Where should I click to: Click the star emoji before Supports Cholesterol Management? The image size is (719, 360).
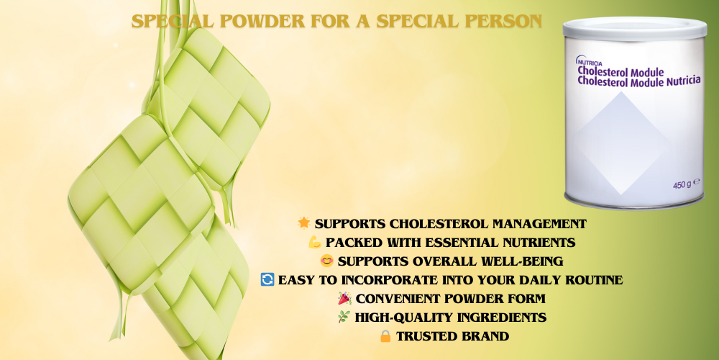pyautogui.click(x=304, y=224)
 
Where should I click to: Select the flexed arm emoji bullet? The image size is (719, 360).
pyautogui.click(x=314, y=243)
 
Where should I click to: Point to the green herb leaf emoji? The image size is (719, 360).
pyautogui.click(x=344, y=318)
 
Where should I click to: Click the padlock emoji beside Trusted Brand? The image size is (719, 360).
pyautogui.click(x=385, y=336)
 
